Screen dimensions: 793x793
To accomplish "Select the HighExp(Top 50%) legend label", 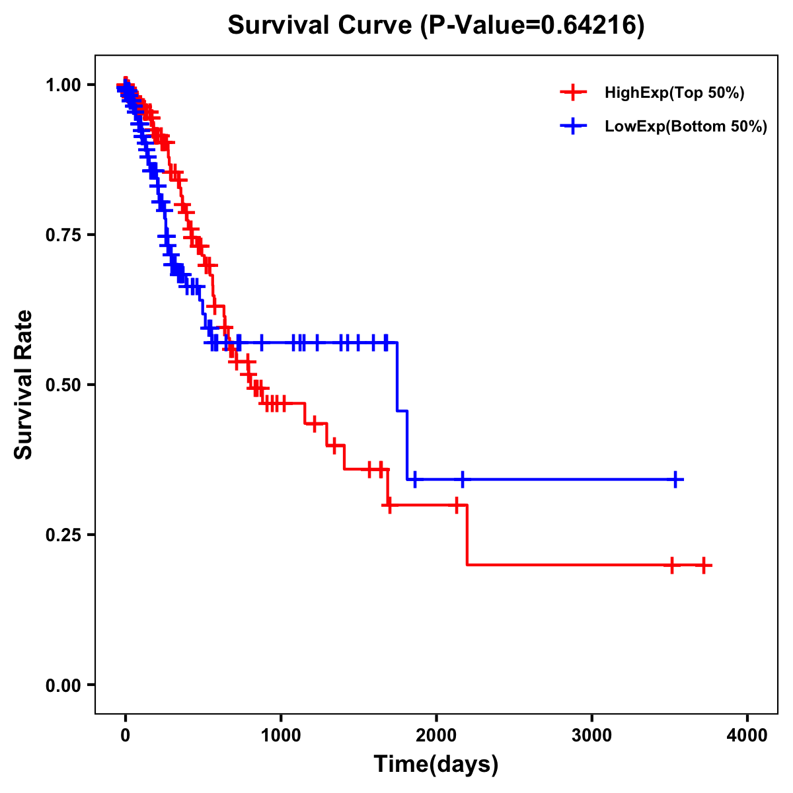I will click(674, 93).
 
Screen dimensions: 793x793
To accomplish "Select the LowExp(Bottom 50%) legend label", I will click(686, 127).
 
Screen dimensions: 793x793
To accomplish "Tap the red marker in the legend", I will click(573, 93).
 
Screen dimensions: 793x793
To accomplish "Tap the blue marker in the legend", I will click(573, 127).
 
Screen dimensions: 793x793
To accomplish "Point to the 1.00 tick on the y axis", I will click(63, 85).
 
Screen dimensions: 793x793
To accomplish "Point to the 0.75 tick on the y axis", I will click(63, 235).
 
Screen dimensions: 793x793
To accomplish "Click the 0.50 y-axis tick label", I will click(63, 385).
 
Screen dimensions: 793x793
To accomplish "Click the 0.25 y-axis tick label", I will click(63, 535).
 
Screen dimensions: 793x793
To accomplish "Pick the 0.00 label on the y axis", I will click(63, 685).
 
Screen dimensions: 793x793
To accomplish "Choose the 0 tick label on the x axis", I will click(126, 735).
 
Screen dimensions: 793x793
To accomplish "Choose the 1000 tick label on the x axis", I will click(281, 735).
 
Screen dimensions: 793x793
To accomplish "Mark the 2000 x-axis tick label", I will click(436, 735).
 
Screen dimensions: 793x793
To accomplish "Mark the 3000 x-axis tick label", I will click(591, 735).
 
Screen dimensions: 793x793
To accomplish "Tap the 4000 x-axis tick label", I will click(747, 735).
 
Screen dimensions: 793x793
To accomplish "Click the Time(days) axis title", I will click(436, 765).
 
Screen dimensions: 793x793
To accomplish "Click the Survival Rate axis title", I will click(24, 385).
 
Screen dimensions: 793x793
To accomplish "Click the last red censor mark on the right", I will click(704, 566).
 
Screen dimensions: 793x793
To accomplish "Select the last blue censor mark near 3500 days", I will click(675, 480).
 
